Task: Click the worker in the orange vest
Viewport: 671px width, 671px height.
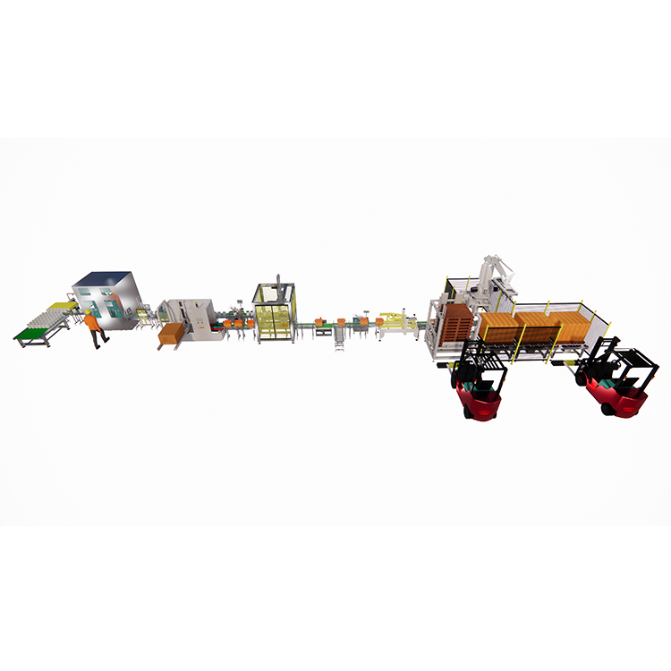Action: pos(94,327)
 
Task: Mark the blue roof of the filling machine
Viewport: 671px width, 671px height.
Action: pos(102,278)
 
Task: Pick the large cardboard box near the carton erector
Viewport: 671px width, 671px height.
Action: pos(170,335)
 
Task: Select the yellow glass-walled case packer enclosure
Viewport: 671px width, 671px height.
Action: pos(275,312)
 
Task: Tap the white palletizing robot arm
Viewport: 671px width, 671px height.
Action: pos(490,273)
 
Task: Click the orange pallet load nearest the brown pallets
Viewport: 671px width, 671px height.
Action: pos(497,326)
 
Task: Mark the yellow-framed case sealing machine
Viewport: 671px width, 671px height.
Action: pos(395,324)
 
